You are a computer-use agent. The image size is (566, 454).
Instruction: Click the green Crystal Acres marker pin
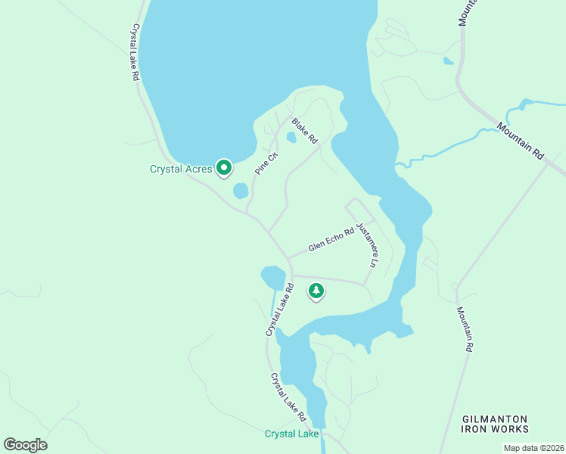point(223,167)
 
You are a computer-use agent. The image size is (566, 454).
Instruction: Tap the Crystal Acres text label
point(180,169)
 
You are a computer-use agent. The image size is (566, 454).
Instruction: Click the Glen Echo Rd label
point(331,241)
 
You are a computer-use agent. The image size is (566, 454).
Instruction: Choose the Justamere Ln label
point(367,244)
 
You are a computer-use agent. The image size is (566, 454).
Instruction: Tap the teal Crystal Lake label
point(291,434)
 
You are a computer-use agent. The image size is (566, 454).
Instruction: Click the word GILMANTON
point(494,418)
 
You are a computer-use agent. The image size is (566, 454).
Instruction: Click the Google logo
point(25,444)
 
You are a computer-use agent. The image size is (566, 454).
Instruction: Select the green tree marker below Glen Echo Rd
point(316,291)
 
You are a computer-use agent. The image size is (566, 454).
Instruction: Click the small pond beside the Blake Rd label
point(291,138)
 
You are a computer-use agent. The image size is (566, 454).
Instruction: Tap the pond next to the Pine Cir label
point(241,191)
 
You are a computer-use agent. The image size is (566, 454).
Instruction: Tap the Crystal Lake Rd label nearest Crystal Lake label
point(288,396)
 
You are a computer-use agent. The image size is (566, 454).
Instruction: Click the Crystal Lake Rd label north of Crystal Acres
point(135,52)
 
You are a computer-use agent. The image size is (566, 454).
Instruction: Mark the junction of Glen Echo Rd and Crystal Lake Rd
point(288,258)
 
